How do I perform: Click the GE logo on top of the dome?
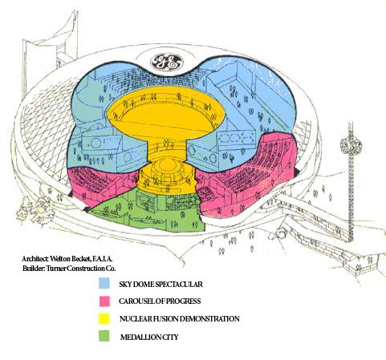point(167,63)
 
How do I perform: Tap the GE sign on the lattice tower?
point(351,147)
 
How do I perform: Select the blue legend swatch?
point(104,283)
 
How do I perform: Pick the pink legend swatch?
point(104,301)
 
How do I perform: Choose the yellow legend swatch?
point(104,318)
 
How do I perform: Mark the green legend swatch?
point(104,336)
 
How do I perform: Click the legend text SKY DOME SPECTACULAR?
point(160,284)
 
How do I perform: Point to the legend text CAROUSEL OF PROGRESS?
point(160,301)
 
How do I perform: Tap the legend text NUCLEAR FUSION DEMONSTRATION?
point(180,319)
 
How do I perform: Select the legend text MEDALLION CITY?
point(149,337)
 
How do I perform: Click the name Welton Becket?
point(71,259)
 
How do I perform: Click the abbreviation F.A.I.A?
point(103,259)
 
